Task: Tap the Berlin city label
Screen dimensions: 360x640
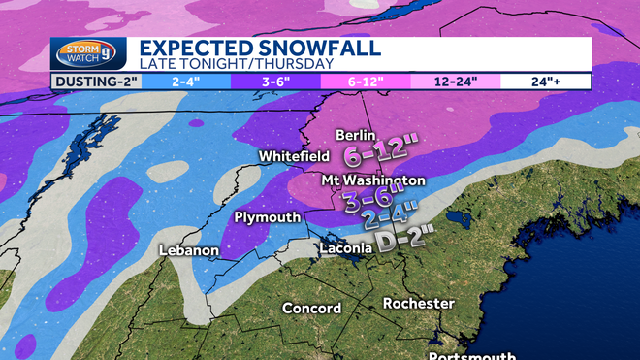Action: pyautogui.click(x=356, y=135)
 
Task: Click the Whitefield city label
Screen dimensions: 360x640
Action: pyautogui.click(x=290, y=156)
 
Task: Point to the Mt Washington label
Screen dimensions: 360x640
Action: pyautogui.click(x=374, y=180)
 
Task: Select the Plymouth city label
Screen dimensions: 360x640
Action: pyautogui.click(x=268, y=217)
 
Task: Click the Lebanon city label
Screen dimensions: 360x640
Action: pyautogui.click(x=189, y=250)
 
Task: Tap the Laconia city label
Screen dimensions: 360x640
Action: pyautogui.click(x=345, y=248)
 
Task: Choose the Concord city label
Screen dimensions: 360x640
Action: pyautogui.click(x=311, y=309)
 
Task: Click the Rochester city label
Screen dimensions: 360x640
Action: pyautogui.click(x=419, y=304)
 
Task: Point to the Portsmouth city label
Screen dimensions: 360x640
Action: pyautogui.click(x=471, y=354)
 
